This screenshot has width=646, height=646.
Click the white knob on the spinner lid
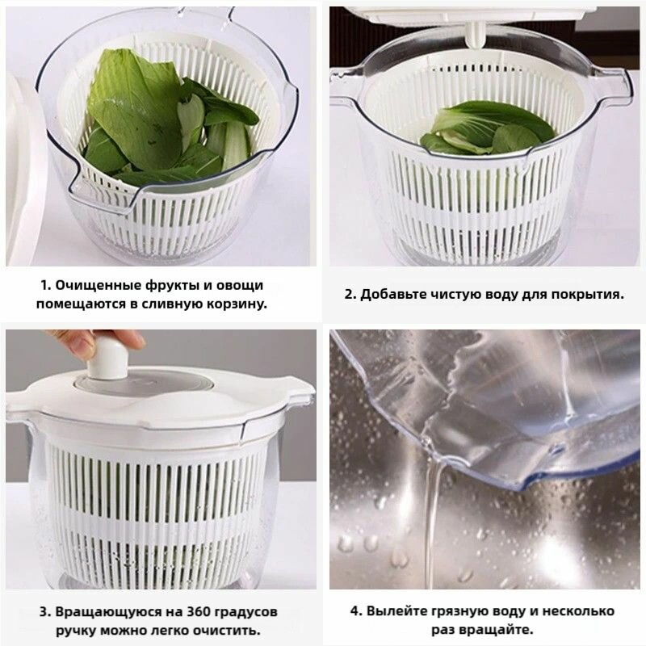[x=107, y=359]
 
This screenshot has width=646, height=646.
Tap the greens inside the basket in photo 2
[x=486, y=128]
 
